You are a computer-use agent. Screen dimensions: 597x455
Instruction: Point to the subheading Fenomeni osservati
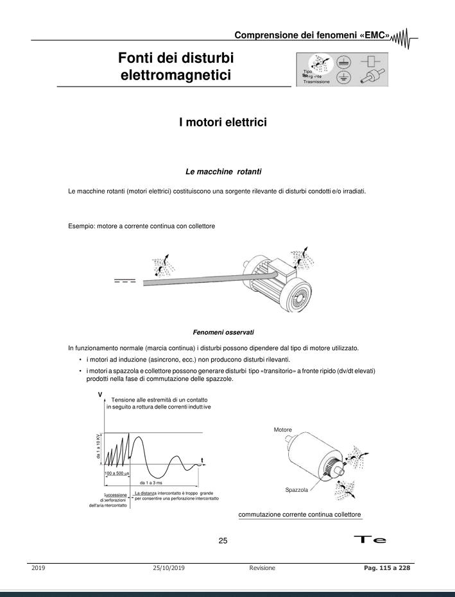pyautogui.click(x=227, y=331)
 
